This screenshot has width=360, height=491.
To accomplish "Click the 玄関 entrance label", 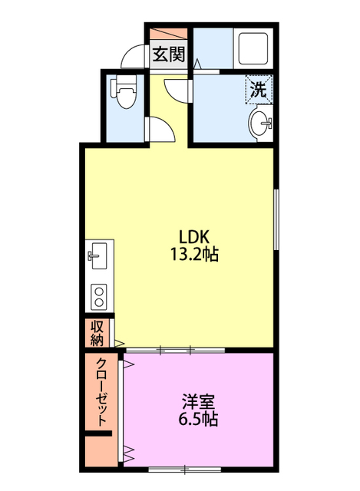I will [168, 54].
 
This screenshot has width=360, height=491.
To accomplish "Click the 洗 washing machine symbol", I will [258, 89].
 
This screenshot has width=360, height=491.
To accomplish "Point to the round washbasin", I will [261, 122].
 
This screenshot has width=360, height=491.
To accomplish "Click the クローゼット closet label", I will [101, 393].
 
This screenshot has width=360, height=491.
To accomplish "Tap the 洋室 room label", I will [197, 401].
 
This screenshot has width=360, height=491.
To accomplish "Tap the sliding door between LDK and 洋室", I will [175, 350].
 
